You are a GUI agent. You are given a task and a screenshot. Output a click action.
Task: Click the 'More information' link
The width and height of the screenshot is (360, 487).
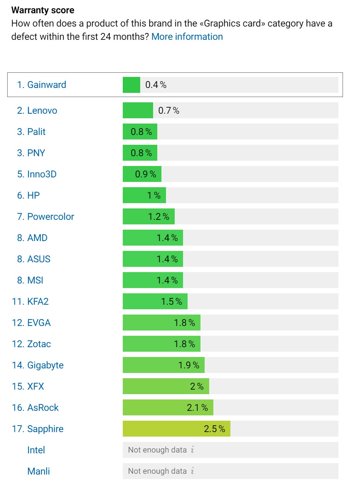click(187, 37)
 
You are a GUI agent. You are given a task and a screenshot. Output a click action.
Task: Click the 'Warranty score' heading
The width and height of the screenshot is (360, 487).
click(43, 10)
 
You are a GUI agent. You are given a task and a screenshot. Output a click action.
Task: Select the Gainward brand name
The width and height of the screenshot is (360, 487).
click(46, 85)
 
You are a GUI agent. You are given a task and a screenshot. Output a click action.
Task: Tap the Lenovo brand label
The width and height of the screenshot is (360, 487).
click(42, 111)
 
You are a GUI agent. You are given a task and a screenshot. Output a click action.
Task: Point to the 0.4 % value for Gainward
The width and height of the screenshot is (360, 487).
click(156, 85)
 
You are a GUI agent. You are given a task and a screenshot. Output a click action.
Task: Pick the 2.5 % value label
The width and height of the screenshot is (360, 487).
click(214, 429)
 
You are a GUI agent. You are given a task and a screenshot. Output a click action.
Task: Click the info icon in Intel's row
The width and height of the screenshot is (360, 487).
click(192, 450)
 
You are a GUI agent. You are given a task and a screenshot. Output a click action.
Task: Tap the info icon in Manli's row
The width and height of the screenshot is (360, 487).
click(192, 471)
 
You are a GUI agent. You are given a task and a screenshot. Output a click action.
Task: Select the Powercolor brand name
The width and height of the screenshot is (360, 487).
click(50, 217)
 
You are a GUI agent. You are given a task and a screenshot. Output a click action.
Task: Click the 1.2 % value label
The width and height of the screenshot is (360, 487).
click(158, 217)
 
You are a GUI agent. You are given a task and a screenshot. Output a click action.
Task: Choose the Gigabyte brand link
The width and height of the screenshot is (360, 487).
click(45, 365)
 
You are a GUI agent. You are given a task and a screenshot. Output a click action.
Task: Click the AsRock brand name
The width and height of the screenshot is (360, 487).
click(43, 408)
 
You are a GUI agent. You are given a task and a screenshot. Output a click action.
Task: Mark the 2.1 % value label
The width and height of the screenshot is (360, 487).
click(197, 408)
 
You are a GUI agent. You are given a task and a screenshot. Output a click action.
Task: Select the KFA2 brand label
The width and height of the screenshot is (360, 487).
click(38, 302)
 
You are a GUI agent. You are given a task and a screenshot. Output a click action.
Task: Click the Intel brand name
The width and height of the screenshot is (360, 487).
click(36, 450)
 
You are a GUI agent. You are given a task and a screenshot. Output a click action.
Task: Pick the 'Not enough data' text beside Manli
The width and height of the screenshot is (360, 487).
click(157, 471)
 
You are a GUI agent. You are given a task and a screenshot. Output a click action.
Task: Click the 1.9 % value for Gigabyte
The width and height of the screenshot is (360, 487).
click(189, 365)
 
